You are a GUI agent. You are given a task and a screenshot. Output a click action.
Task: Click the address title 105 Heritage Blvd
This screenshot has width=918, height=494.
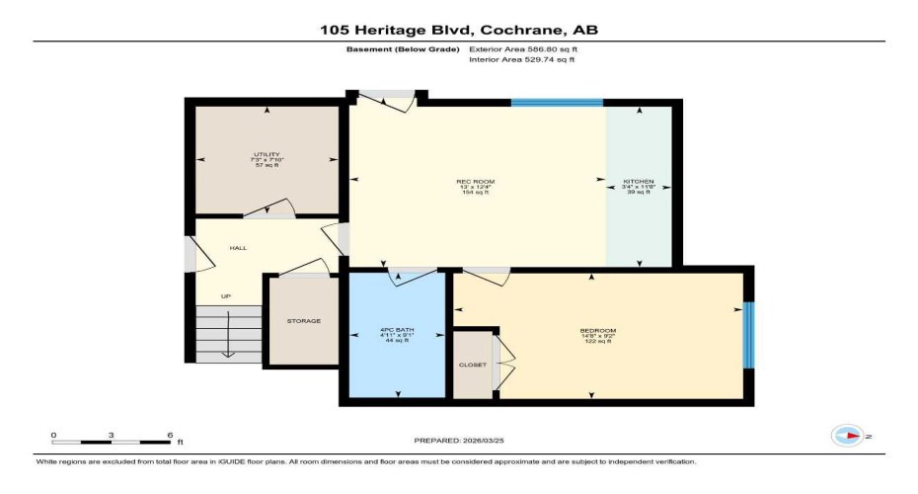459,30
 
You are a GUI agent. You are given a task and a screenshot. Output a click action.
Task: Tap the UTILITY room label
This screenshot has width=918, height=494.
267,155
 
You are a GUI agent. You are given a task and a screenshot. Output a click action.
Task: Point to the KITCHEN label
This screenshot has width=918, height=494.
638,182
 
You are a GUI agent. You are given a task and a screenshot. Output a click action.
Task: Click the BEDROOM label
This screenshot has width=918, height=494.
598,330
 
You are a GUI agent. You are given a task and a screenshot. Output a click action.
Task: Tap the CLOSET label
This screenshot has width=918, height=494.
472,365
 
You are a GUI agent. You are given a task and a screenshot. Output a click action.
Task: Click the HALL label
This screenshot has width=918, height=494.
238,248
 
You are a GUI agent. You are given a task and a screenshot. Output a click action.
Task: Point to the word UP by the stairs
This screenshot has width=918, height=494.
225,296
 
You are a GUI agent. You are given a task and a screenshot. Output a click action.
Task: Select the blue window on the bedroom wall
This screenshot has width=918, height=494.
747,333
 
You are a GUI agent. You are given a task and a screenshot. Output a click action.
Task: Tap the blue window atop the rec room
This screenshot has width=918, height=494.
557,102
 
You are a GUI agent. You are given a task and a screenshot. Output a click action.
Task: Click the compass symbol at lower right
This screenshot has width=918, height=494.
848,435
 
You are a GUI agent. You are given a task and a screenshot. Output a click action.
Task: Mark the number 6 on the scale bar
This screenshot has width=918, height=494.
170,435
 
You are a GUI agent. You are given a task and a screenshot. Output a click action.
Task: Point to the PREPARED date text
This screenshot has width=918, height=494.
458,440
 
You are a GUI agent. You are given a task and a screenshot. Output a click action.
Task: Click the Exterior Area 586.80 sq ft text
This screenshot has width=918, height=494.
523,48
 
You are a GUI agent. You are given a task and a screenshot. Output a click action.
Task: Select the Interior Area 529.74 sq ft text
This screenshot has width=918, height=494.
522,59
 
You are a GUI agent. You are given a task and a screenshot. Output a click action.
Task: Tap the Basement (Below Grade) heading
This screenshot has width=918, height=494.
402,48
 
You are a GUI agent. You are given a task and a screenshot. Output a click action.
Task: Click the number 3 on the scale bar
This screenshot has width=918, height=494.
112,435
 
